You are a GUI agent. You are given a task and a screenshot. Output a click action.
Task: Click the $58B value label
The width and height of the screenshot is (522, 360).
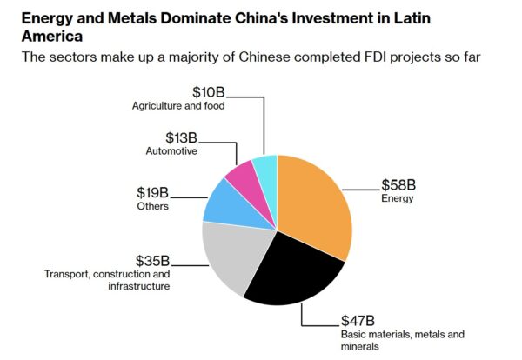pyautogui.click(x=398, y=184)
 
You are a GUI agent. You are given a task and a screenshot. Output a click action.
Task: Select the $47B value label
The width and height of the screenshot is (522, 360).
pyautogui.click(x=358, y=319)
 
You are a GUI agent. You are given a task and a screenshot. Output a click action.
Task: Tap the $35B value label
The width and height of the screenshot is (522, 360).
pyautogui.click(x=153, y=260)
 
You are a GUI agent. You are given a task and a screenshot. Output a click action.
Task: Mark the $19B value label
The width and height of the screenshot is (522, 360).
pyautogui.click(x=153, y=192)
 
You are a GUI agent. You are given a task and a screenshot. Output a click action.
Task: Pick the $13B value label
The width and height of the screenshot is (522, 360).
pyautogui.click(x=182, y=137)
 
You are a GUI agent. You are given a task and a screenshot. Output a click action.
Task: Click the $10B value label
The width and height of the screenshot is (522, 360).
pyautogui.click(x=210, y=91)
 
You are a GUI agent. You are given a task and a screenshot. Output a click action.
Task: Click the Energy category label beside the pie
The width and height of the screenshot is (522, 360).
pyautogui.click(x=397, y=199)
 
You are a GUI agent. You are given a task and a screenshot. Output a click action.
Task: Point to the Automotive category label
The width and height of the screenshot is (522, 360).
pyautogui.click(x=172, y=151)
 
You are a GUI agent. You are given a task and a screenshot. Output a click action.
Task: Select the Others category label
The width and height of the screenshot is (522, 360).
pyautogui.click(x=152, y=206)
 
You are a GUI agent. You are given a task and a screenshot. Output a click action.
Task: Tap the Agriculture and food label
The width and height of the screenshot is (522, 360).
pyautogui.click(x=178, y=106)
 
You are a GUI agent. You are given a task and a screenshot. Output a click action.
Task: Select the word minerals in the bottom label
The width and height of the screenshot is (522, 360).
pyautogui.click(x=359, y=347)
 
